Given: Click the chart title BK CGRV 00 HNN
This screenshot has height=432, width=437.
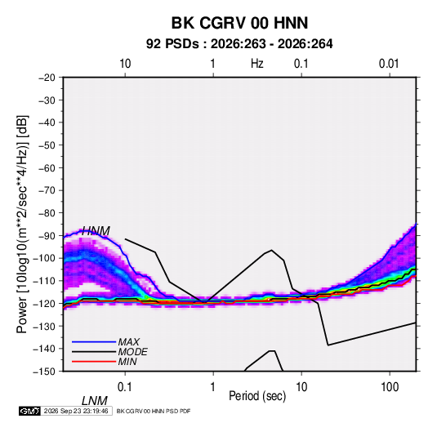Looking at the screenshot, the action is [239, 23].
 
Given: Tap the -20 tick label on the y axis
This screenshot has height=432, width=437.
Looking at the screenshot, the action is [47, 78].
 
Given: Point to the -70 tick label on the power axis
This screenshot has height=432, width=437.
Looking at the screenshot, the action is [47, 190].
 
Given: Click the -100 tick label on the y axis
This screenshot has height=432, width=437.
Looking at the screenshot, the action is [44, 258].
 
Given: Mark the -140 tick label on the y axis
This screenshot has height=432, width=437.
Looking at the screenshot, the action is [44, 349].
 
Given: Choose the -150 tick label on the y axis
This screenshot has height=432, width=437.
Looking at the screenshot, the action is [44, 372].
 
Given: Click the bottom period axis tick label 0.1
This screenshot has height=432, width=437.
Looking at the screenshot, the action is [125, 387].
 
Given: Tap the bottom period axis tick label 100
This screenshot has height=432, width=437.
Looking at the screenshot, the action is [390, 387].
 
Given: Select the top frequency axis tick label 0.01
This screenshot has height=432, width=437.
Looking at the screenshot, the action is [389, 64].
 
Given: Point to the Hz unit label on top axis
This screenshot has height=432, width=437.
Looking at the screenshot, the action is [257, 64].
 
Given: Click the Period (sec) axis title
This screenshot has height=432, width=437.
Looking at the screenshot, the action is [257, 396].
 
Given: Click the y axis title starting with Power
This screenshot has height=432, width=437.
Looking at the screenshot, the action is [22, 225].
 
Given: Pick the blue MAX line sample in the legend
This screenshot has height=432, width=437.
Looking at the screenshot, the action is [94, 342].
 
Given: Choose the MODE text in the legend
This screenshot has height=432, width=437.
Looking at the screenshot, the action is [132, 352].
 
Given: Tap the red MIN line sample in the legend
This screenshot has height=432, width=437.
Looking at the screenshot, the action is [94, 362].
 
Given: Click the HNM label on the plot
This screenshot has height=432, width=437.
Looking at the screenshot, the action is [96, 231].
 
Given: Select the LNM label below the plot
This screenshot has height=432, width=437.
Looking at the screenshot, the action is [95, 401].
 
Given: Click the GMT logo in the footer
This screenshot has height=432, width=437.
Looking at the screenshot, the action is [29, 411].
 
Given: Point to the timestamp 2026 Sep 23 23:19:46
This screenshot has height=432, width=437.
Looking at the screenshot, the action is [76, 411].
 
